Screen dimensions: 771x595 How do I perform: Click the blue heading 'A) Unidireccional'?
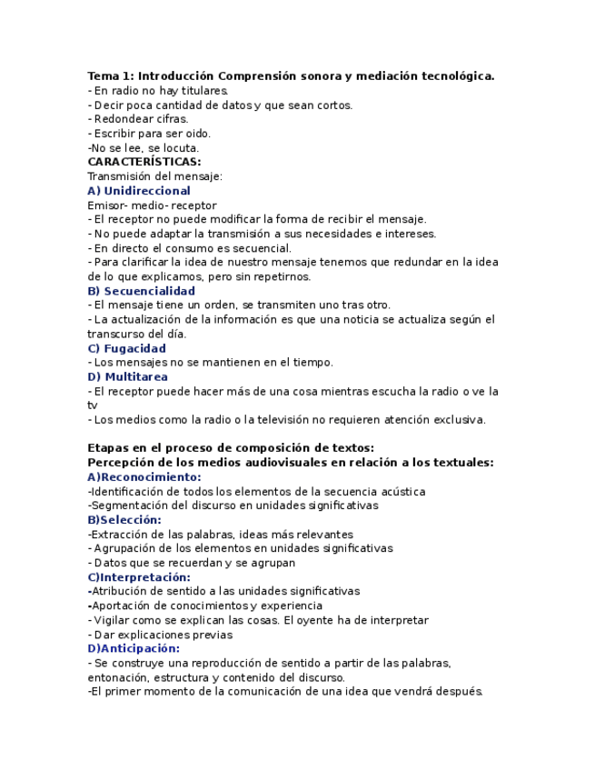(x=139, y=191)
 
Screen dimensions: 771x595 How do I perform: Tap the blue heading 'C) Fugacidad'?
(x=126, y=348)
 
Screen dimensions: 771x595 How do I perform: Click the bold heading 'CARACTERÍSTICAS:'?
(x=144, y=162)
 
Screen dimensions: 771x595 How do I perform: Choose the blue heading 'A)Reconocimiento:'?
(x=144, y=476)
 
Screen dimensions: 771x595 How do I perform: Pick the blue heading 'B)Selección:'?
(x=124, y=520)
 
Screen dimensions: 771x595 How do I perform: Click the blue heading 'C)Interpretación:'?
(x=139, y=577)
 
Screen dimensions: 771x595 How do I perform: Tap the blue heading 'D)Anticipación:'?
(x=134, y=648)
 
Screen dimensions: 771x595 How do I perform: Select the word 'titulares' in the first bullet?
(x=201, y=91)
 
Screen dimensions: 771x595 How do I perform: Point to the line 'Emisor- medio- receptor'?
(x=152, y=205)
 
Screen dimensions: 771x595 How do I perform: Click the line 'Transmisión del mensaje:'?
(x=154, y=176)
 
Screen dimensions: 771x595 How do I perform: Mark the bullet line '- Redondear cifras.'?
(x=138, y=119)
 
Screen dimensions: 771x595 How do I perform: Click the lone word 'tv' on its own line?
(x=93, y=406)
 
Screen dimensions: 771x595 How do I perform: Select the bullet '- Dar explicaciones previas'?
(x=160, y=635)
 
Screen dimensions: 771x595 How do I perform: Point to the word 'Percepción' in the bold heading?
(x=122, y=462)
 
